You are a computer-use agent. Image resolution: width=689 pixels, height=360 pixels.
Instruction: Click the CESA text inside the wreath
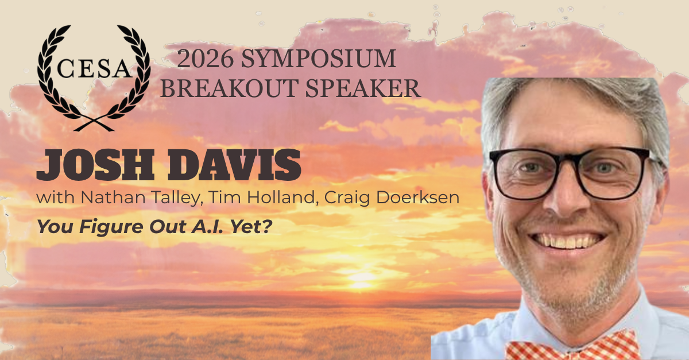point(94,68)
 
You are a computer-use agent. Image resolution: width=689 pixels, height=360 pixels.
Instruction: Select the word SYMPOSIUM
point(318,59)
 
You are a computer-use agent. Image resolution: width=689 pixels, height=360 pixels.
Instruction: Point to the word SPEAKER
point(363,88)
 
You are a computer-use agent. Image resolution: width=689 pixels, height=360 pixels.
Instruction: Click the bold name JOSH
point(95,165)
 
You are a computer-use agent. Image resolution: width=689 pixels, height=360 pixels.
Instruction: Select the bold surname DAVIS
point(234,165)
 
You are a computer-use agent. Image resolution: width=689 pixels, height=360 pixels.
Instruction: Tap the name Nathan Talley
point(140,198)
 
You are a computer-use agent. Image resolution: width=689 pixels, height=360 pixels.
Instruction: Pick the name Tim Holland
point(263,198)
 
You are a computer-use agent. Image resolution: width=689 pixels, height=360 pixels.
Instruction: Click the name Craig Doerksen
point(392,198)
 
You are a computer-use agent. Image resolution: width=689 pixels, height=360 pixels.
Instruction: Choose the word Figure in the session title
point(111,227)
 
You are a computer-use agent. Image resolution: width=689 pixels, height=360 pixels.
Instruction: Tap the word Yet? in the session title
point(251,226)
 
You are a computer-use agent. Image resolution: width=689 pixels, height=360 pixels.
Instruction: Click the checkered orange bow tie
point(571,346)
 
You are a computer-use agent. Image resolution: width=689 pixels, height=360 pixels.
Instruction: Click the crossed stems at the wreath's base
point(94,123)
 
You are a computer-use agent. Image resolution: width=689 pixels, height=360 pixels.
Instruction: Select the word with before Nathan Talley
point(55,198)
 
